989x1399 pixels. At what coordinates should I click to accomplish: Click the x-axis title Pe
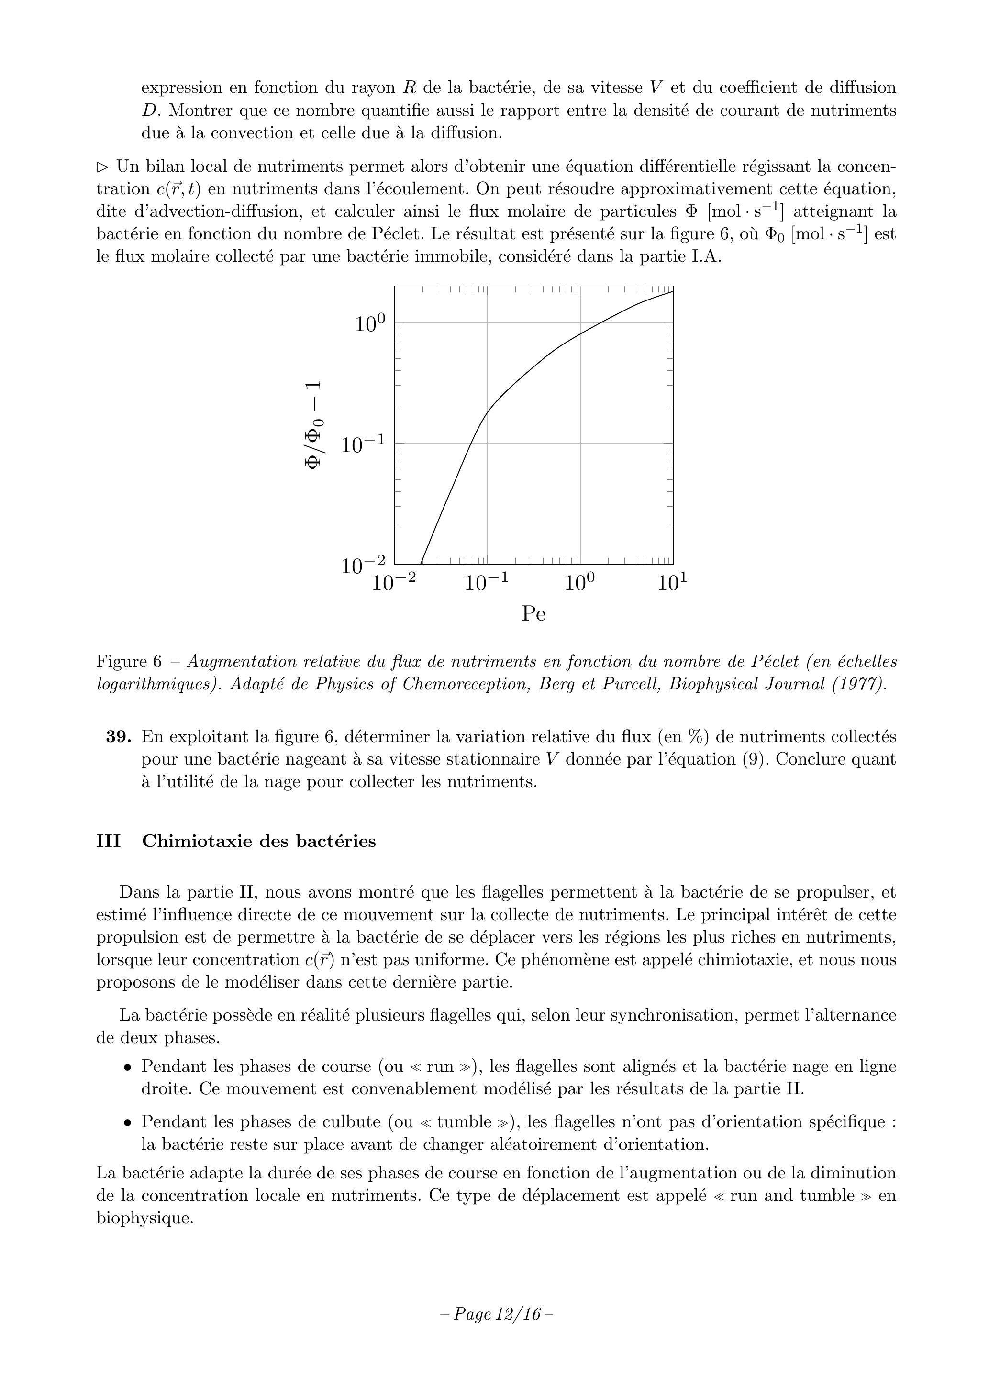coord(533,613)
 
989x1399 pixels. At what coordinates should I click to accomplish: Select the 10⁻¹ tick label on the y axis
coord(363,445)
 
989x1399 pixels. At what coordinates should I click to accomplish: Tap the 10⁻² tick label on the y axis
coord(363,565)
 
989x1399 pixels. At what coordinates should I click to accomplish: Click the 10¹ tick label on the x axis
coord(673,583)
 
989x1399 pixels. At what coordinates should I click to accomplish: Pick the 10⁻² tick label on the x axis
coord(394,583)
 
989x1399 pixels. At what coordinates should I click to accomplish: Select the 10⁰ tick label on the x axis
coord(579,583)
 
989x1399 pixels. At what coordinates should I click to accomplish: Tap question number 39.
coord(119,737)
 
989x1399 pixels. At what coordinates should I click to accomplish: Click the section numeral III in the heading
coord(109,842)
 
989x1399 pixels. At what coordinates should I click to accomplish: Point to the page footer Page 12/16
coord(497,1314)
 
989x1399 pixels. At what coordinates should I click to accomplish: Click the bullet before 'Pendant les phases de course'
coord(127,1067)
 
